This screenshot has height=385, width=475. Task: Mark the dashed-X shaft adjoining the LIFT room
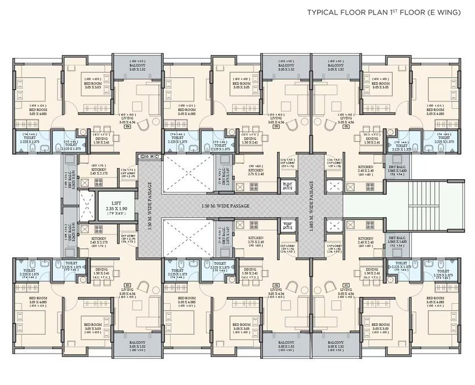(85, 205)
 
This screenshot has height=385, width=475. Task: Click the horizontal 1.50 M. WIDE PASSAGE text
(225, 206)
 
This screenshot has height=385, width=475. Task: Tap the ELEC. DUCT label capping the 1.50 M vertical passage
(149, 157)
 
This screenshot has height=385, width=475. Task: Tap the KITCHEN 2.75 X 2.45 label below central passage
(256, 240)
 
